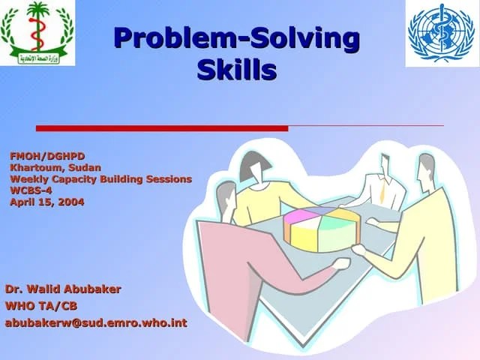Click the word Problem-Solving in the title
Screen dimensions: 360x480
(x=235, y=38)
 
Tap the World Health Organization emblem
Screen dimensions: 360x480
(x=441, y=33)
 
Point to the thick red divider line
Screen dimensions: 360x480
(x=162, y=127)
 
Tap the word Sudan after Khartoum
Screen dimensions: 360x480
(x=84, y=167)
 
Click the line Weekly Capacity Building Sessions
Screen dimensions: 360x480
(x=100, y=178)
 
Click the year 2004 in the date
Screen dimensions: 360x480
(x=70, y=201)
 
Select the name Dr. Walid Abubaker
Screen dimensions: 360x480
(x=63, y=289)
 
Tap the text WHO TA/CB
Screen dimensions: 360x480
(x=41, y=306)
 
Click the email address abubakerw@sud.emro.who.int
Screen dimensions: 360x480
(x=96, y=323)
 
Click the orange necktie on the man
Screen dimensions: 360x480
(x=382, y=193)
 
